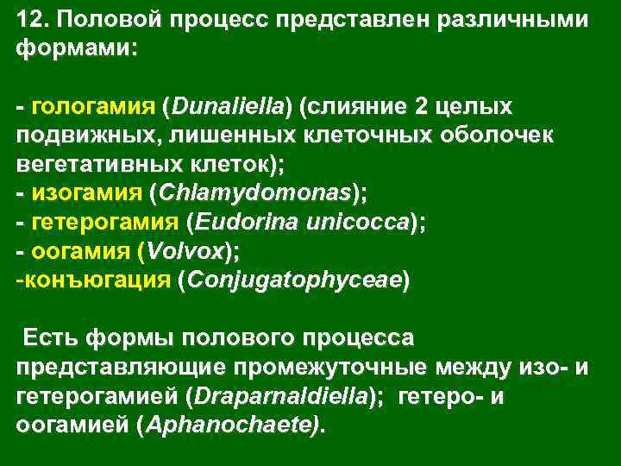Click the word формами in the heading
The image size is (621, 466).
[73, 49]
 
